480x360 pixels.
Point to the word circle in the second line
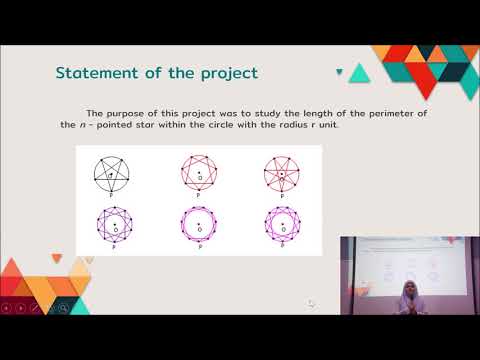(222, 124)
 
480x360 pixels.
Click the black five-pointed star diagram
(116, 175)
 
